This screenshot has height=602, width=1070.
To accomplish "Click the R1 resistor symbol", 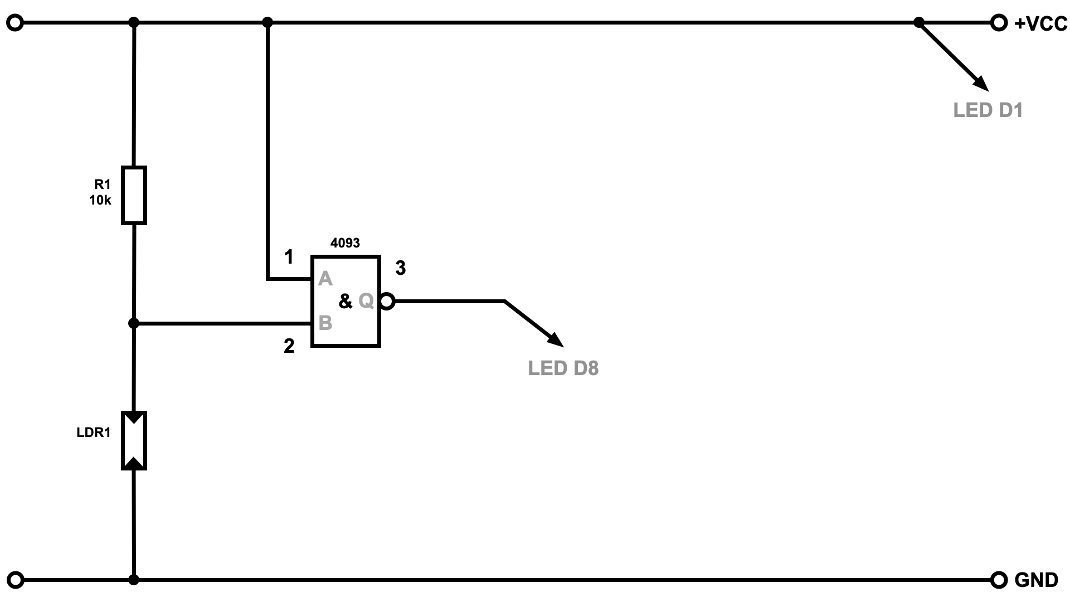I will tap(134, 195).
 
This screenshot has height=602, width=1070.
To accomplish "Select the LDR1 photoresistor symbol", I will tap(134, 440).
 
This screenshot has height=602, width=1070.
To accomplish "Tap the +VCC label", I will tap(1040, 24).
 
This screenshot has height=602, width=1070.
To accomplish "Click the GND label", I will tap(1036, 580).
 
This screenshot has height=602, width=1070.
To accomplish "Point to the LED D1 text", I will tap(988, 110).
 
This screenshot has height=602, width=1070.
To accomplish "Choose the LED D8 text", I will tap(563, 368).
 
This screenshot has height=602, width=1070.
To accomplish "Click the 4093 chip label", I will tap(345, 243).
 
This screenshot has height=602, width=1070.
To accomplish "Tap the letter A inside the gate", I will tap(325, 279).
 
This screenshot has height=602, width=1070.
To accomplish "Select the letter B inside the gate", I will tap(325, 323).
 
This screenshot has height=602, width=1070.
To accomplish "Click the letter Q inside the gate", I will tap(366, 301).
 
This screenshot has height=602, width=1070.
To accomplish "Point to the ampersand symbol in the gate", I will tap(346, 302).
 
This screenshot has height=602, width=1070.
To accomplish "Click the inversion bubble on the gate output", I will tap(387, 302).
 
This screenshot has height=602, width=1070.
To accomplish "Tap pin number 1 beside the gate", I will tap(289, 257).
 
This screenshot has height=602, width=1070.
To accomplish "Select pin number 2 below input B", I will tap(289, 346).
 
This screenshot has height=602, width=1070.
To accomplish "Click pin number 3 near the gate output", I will tap(400, 268).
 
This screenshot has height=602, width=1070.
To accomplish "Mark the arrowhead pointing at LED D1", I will tap(981, 84).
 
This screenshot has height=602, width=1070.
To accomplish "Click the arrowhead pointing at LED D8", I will tap(556, 338).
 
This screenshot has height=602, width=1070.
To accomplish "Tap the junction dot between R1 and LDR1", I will tap(134, 323).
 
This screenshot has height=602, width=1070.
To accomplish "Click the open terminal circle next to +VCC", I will tap(999, 23).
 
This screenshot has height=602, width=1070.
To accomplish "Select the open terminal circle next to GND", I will tap(999, 580).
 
